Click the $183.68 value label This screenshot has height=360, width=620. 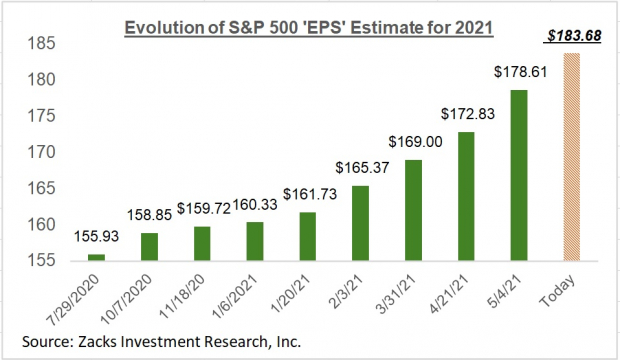(573, 37)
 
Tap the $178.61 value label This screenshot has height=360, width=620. (520, 73)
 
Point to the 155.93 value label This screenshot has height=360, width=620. (93, 237)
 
